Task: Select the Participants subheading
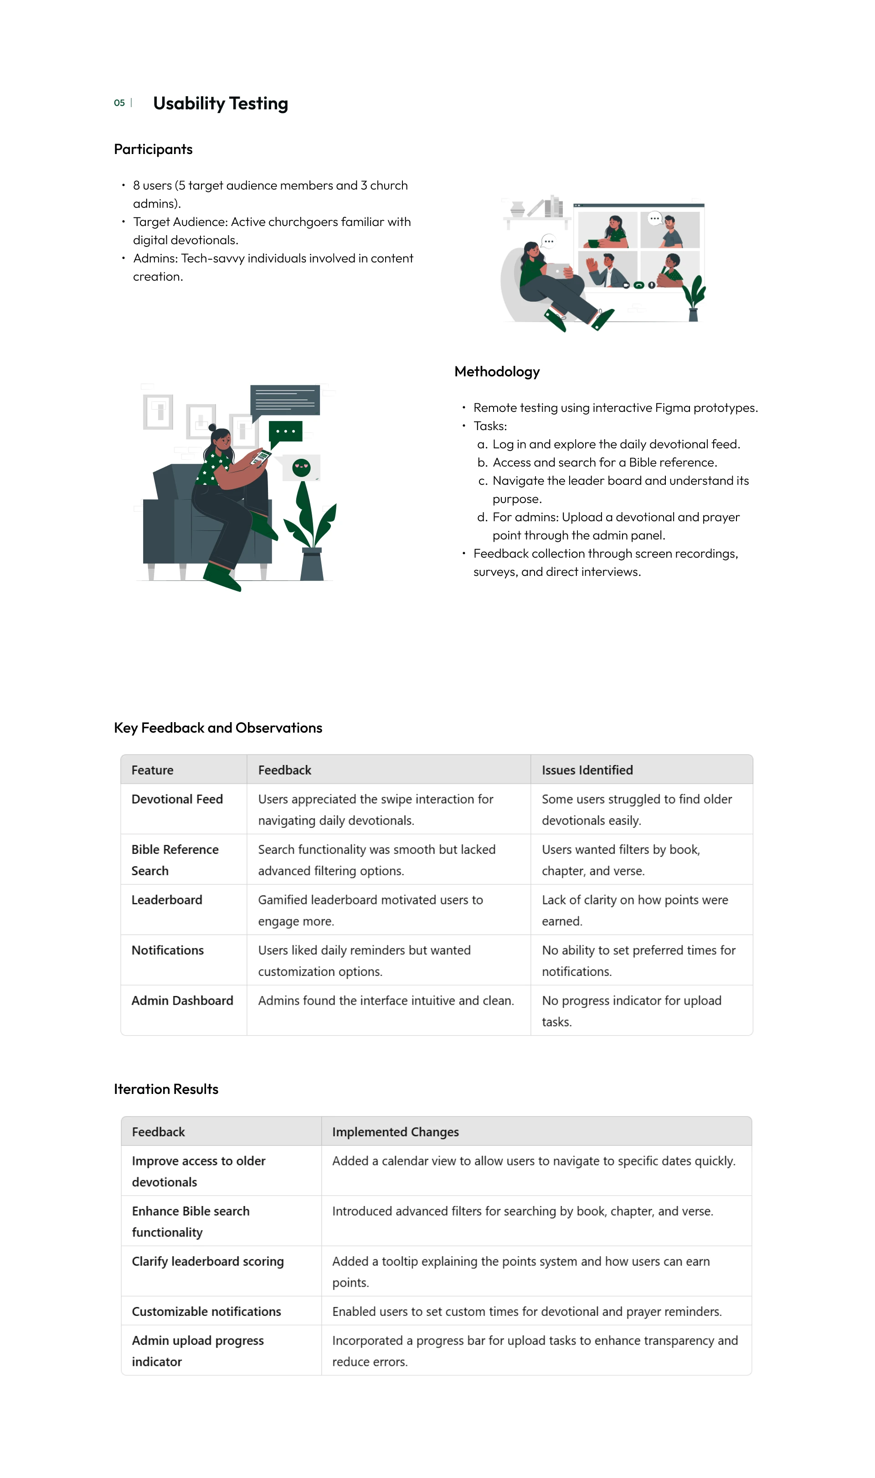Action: (153, 149)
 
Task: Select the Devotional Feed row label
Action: (177, 799)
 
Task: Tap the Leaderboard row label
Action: (167, 900)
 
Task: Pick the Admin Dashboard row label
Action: (182, 1001)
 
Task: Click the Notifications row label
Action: (167, 950)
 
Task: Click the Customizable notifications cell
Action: (206, 1311)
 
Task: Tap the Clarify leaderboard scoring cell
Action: (207, 1261)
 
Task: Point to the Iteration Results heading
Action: (166, 1089)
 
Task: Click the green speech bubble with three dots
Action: (285, 432)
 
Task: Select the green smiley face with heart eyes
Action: (301, 467)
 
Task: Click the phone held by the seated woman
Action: (261, 457)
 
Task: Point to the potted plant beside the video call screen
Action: (695, 298)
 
